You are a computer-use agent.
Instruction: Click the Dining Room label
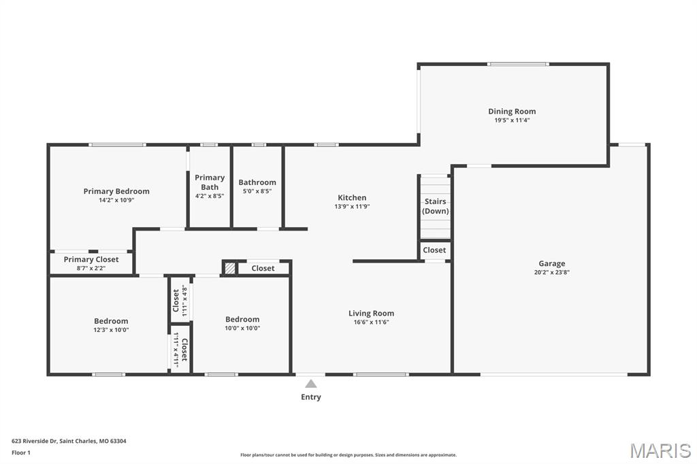(512, 111)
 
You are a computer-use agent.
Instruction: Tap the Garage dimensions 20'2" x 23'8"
(551, 272)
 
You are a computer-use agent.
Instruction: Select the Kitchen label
(352, 197)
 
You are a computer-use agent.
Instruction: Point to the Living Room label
(371, 313)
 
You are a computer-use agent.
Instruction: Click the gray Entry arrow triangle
(310, 384)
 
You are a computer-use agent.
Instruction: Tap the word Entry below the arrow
(310, 397)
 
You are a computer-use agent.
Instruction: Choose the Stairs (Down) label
(435, 205)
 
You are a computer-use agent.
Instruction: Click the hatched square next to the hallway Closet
(229, 268)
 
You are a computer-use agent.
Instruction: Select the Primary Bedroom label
(116, 191)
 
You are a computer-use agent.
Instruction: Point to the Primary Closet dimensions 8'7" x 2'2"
(91, 268)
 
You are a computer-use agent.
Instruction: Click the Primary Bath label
(210, 182)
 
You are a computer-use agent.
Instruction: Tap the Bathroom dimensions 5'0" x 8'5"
(257, 191)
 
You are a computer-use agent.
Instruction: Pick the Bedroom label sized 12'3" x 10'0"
(111, 321)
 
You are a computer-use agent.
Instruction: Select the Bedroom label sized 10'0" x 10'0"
(242, 319)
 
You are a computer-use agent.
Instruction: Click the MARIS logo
(660, 450)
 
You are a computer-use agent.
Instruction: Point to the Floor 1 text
(21, 452)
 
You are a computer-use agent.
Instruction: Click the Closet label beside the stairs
(434, 250)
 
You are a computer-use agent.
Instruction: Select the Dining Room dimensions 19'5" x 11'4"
(512, 120)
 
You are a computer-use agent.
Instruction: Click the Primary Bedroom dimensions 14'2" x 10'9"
(116, 200)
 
